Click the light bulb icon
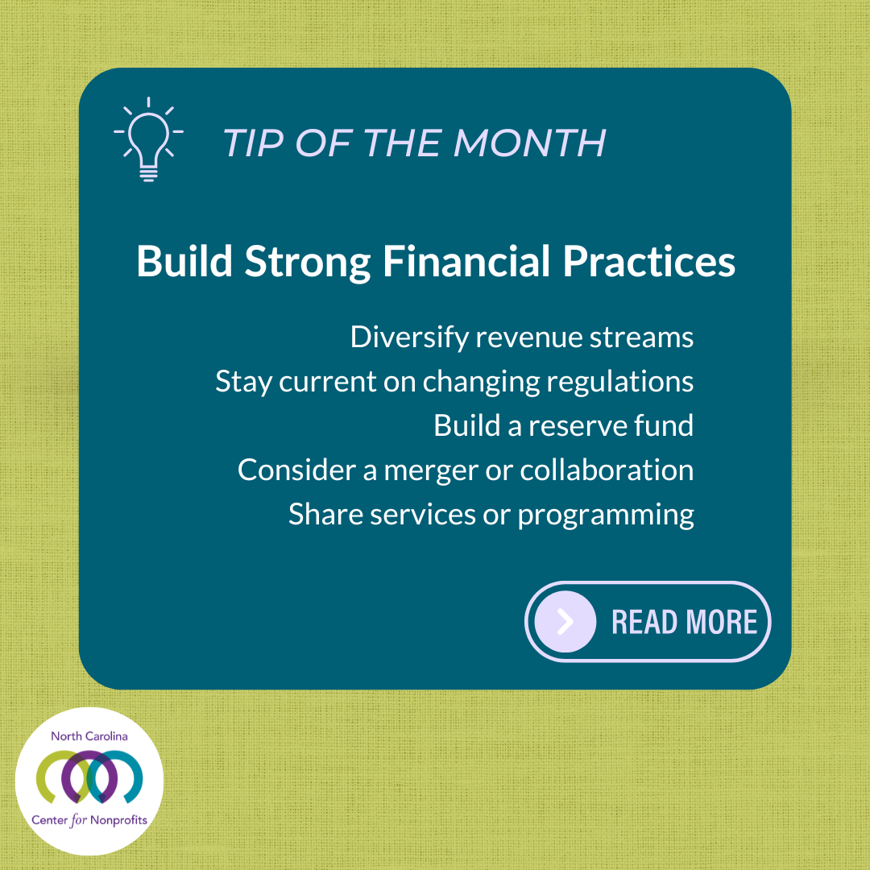point(148,139)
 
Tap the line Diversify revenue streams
point(521,338)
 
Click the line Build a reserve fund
point(563,425)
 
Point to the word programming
point(605,514)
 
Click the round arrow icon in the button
point(565,622)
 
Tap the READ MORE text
point(684,622)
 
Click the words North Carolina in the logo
point(89,736)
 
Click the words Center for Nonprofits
point(89,821)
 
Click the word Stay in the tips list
point(243,382)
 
